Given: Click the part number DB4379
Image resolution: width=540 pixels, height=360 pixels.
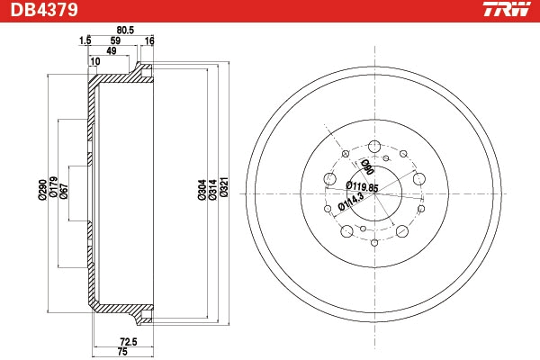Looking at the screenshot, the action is coord(44,10).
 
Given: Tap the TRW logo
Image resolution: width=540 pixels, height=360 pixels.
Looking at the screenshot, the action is coord(507,9).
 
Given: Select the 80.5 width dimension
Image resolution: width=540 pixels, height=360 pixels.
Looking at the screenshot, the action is coord(125,31).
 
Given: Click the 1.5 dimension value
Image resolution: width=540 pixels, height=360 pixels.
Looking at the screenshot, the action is coord(85,40).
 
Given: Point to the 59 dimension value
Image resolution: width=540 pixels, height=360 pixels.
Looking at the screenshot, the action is coord(115,40).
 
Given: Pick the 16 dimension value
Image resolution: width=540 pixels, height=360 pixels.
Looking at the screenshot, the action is coord(149,41).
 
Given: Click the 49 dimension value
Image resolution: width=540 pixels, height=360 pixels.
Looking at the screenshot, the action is coord(112,51).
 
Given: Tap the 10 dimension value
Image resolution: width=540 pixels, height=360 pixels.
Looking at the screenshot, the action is coord(94,61).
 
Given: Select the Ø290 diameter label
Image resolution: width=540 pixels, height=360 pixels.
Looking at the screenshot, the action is coord(42,190).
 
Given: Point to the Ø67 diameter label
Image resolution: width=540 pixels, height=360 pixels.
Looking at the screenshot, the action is coord(64,191).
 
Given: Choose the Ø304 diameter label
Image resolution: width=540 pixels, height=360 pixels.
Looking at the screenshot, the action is coord(202,190).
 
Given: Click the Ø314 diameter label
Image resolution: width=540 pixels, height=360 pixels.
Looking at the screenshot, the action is coord(212,190).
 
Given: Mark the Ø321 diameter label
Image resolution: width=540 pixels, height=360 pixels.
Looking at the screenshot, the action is coord(224,187).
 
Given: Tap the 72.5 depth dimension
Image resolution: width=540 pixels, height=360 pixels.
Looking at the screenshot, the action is coord(129,342).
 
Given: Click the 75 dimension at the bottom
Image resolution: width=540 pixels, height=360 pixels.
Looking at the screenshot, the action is coord(122,352).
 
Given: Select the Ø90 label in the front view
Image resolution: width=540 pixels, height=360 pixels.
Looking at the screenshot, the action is coord(367,166).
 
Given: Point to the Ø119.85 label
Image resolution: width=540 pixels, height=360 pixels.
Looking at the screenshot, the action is coord(362,186).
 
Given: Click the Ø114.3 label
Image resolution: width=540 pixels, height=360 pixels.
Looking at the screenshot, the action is coord(351,202).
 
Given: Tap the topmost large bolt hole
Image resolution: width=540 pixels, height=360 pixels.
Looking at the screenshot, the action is coord(374,147).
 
